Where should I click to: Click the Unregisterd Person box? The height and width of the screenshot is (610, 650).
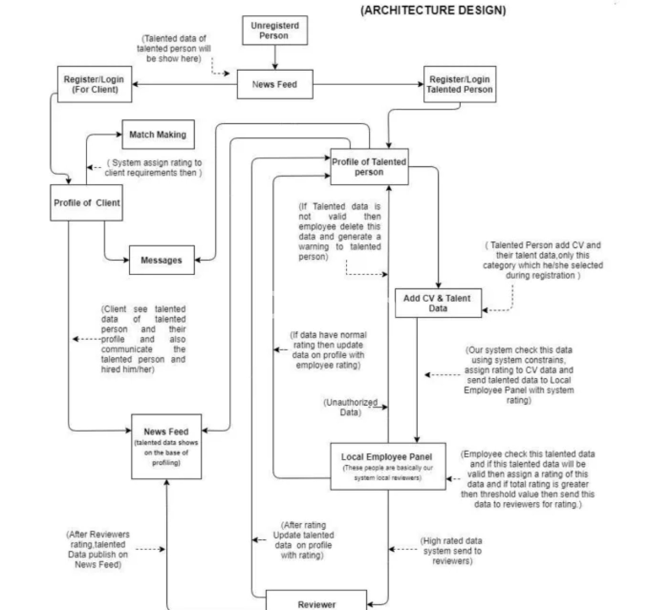275,30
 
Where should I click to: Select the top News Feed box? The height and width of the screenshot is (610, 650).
275,84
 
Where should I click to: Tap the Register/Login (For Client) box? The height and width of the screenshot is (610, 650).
94,84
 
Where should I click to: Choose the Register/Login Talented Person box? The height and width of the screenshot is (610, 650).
459,84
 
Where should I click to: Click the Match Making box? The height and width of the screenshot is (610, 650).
158,134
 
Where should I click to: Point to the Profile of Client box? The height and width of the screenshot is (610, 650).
86,203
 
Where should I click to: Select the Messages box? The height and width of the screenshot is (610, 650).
161,260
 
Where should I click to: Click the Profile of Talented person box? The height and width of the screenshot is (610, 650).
369,167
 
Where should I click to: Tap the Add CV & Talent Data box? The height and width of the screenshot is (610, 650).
438,303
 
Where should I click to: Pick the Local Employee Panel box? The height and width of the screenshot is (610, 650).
388,466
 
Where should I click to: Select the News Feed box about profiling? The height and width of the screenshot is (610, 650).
166,446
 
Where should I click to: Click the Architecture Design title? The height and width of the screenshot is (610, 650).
433,10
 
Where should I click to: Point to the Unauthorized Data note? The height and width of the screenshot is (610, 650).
350,407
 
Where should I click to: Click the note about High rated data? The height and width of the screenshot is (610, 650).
452,551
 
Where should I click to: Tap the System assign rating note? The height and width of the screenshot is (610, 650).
153,168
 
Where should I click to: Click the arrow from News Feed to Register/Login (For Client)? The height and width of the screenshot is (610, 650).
185,84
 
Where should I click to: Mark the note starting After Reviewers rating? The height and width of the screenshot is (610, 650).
98,549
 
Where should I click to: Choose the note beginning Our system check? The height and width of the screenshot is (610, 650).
519,375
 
